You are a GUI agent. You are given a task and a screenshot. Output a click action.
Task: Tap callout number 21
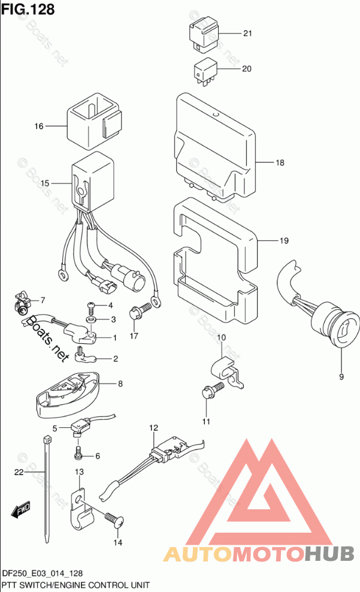point(248,34)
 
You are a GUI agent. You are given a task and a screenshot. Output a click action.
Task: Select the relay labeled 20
point(205,70)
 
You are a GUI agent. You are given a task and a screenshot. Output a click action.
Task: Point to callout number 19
point(283,241)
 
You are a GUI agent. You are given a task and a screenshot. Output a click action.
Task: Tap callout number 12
point(154,427)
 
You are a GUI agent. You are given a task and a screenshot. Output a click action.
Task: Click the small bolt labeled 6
point(78,448)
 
